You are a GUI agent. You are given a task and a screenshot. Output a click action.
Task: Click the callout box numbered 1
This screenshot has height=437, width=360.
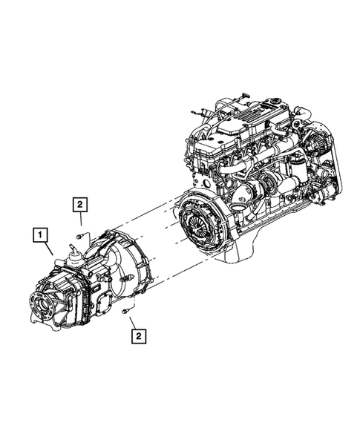(39, 237)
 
